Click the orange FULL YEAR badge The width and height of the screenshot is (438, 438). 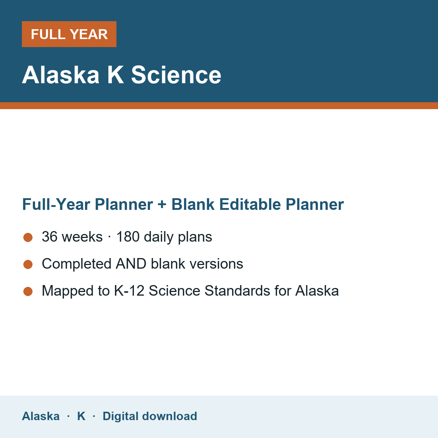tap(69, 34)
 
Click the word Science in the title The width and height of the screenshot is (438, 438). tap(176, 75)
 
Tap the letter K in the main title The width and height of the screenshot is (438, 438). tap(115, 75)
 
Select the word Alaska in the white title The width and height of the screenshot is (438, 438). tap(61, 75)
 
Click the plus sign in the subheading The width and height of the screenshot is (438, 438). tap(162, 204)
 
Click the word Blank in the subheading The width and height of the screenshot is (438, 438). tap(193, 204)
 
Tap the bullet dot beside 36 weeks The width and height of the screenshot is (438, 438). tap(28, 238)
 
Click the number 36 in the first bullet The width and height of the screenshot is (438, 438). tap(50, 237)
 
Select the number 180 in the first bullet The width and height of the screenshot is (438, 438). tap(128, 237)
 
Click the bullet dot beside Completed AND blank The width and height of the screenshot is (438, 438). tap(28, 264)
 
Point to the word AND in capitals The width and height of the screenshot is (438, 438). tap(131, 264)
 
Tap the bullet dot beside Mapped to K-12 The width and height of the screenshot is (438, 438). tap(28, 291)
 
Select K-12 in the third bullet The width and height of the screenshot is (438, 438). tap(129, 291)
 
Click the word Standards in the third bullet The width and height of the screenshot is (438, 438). tap(237, 291)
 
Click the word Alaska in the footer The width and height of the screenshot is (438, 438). tap(41, 416)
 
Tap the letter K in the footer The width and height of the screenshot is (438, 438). tap(81, 416)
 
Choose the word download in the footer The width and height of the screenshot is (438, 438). tap(170, 416)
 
